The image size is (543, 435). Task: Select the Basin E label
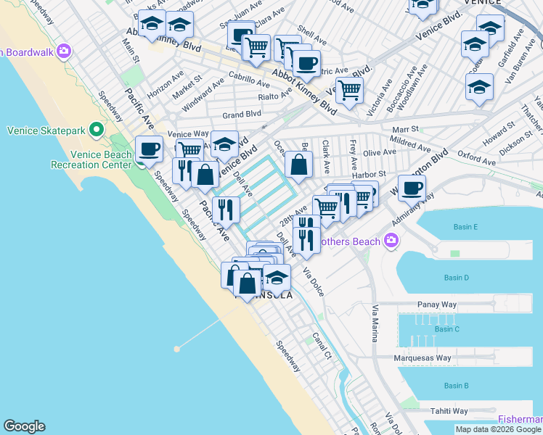point(465,227)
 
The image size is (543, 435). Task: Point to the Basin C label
point(446,329)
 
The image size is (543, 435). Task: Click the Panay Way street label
point(436,305)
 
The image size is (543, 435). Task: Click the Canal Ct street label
point(322,347)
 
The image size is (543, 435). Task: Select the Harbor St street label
point(368,174)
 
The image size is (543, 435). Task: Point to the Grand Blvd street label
point(242,115)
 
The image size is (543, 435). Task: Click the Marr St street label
point(406,129)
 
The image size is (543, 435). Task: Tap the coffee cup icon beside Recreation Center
point(149,150)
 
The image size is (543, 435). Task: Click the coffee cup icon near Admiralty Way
point(412,188)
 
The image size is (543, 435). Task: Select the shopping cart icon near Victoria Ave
point(349,91)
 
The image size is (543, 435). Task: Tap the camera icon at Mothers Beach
point(392,240)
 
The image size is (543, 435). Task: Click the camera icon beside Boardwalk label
point(65,51)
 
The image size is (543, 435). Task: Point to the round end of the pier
point(176,349)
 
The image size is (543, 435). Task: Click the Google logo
point(24,426)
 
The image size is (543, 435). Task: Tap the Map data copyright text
point(498,429)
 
